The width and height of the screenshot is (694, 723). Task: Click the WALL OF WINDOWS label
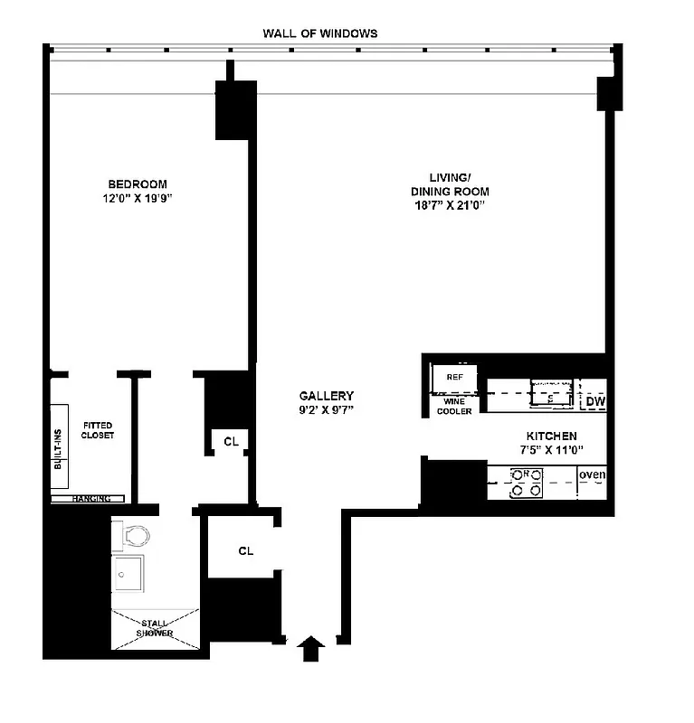coord(319,33)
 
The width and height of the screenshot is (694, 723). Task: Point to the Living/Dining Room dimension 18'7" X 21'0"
coord(449,205)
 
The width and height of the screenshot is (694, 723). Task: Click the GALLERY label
coord(327,396)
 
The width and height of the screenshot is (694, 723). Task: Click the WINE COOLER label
coord(455,406)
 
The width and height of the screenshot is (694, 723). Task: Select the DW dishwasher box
coord(594,401)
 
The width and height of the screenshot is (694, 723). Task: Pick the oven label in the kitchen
coord(592,475)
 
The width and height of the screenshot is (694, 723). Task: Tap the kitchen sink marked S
coord(551,394)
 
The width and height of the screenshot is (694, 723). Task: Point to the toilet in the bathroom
coord(134,537)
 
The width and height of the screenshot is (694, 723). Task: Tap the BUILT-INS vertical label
coord(59,448)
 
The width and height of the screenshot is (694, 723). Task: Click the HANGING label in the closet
coord(91,498)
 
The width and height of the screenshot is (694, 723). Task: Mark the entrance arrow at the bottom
coord(310,648)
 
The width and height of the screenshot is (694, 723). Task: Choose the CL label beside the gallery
coord(231,441)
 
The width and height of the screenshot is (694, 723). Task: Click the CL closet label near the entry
coord(246,550)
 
